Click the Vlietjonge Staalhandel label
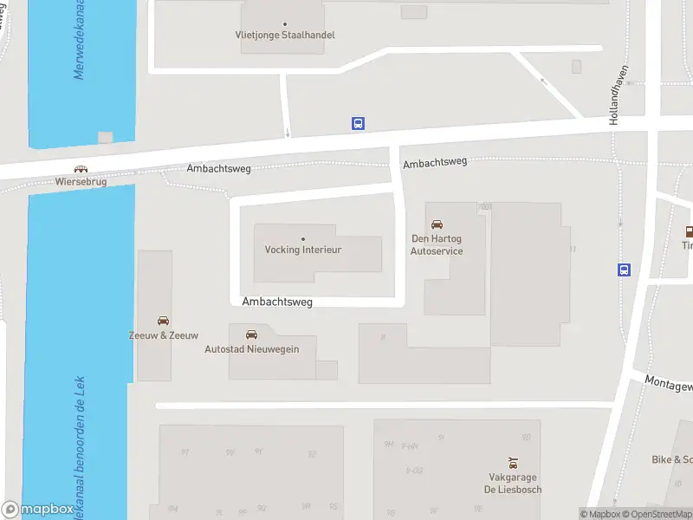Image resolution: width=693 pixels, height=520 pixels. [x=285, y=36]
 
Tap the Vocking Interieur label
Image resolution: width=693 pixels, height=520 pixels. [x=303, y=250]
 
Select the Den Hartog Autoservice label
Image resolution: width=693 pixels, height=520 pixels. [x=437, y=245]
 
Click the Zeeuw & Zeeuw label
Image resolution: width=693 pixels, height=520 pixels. [x=164, y=335]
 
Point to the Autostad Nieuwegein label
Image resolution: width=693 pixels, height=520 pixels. [x=251, y=348]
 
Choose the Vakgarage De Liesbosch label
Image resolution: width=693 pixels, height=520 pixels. [x=513, y=483]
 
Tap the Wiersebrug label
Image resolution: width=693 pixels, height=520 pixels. [x=80, y=183]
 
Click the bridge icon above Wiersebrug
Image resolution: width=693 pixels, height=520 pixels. [x=81, y=170]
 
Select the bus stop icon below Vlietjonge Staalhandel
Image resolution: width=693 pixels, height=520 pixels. [x=358, y=124]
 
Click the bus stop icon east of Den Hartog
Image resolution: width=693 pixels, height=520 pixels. [x=624, y=270]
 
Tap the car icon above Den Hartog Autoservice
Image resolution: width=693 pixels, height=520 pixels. [x=437, y=224]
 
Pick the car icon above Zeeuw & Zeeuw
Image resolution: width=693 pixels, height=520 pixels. [x=164, y=321]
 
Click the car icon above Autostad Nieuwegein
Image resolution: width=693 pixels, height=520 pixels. [x=251, y=334]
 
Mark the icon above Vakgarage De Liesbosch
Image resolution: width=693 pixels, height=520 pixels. [x=513, y=463]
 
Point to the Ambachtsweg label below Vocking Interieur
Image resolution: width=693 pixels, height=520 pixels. [x=277, y=302]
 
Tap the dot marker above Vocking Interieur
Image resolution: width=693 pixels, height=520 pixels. [x=303, y=238]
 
